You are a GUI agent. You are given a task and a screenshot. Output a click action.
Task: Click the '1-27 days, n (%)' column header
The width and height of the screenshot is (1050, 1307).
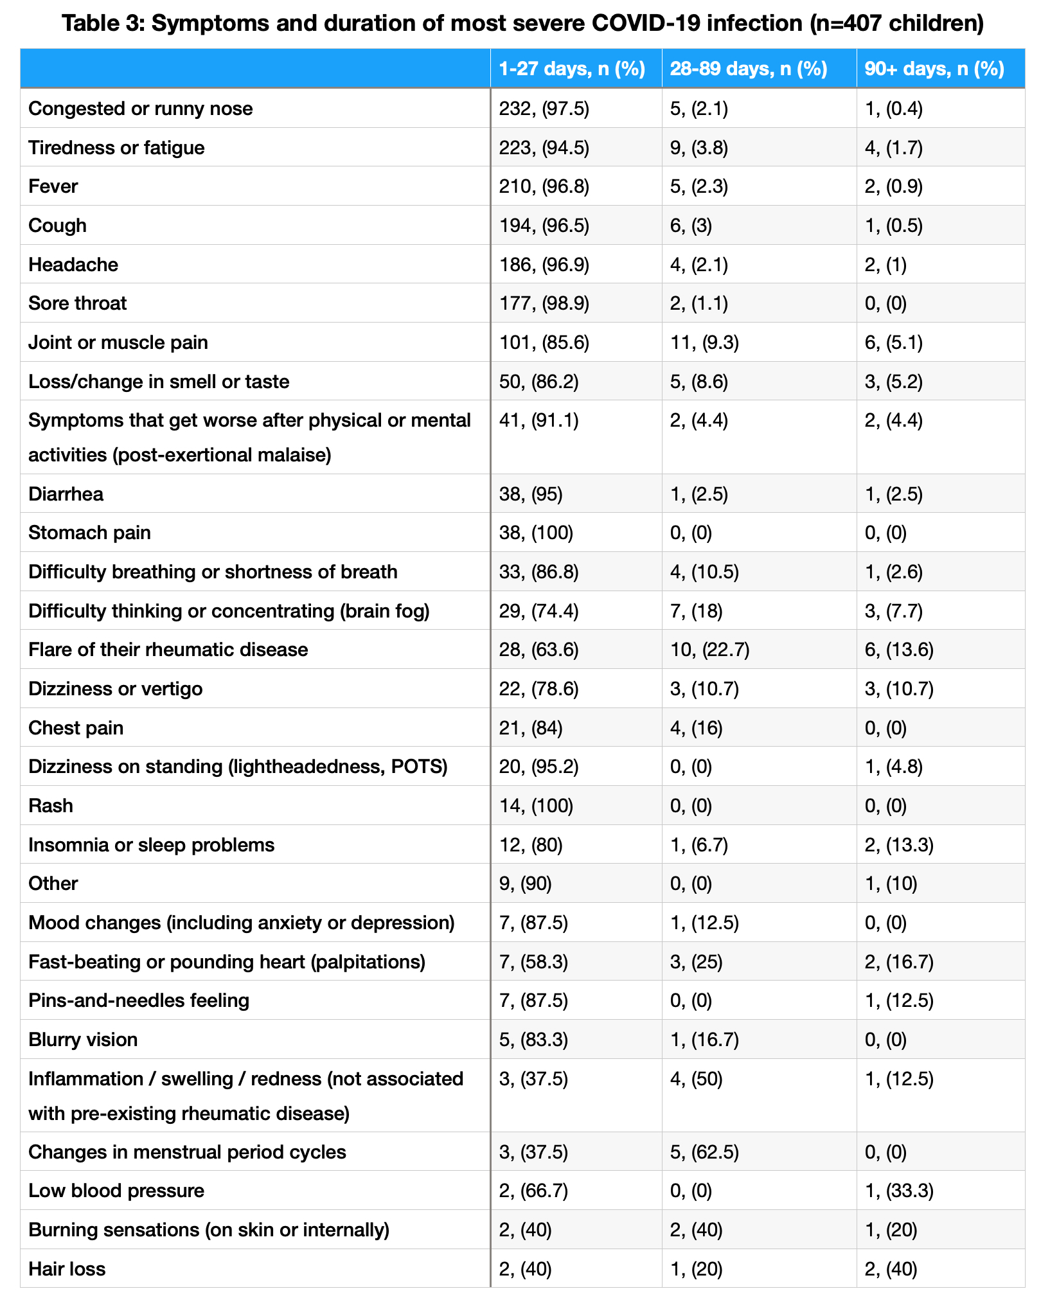571,69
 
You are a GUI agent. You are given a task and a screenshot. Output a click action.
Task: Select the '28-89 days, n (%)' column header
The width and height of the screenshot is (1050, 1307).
748,69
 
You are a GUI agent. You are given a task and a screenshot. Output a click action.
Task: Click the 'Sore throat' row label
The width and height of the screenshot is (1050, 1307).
78,303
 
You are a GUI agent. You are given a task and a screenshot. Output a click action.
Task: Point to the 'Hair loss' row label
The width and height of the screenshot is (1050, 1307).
67,1269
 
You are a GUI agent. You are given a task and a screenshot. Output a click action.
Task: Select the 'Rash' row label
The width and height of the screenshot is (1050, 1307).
51,806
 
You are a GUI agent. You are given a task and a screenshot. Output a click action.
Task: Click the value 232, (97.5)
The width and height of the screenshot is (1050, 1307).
544,109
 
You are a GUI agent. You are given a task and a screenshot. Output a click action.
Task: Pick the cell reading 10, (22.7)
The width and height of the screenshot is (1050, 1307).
709,650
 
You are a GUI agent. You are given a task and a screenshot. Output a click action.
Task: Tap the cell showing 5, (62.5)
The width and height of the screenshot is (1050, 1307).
704,1152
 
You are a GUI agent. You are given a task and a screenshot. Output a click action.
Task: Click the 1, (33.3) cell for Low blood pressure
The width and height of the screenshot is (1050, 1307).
899,1191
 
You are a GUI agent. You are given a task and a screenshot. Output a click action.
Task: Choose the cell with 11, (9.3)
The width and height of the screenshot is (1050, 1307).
704,342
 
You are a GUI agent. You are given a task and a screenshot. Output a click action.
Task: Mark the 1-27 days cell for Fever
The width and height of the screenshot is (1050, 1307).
544,186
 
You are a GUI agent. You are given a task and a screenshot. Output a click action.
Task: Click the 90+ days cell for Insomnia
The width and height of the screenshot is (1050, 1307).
899,844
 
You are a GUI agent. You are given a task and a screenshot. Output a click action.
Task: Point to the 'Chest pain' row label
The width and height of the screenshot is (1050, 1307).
76,728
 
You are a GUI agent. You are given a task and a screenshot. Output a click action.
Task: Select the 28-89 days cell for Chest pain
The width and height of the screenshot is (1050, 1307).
696,728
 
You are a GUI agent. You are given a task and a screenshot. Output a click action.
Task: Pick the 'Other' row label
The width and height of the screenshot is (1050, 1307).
53,884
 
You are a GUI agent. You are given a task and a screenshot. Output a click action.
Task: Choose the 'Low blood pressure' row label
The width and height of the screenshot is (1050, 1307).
116,1191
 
